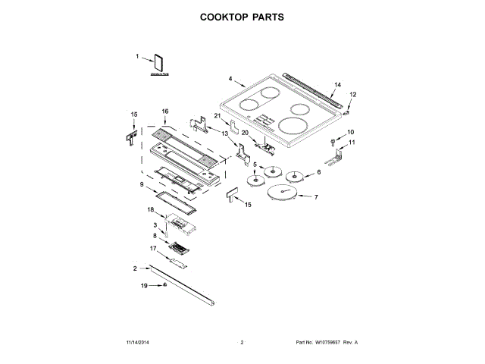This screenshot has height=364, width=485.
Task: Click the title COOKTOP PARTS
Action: coord(242,16)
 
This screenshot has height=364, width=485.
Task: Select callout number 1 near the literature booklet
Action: coord(138,57)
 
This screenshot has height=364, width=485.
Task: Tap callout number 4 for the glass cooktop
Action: coord(230,78)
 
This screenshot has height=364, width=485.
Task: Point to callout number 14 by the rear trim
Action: coord(338,84)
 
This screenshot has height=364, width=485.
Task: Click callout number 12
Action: coord(352,94)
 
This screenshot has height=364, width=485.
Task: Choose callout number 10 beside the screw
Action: coord(351,133)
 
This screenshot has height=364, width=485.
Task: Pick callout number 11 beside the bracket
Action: coord(351,143)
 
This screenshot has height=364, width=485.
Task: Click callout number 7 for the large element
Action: coord(316,197)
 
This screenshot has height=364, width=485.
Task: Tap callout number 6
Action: coord(318,172)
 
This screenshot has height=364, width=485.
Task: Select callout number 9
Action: coord(142,184)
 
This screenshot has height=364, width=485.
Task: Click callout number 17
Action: coord(152,248)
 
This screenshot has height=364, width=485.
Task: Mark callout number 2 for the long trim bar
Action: coord(135,268)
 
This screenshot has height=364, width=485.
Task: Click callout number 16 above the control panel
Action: coord(164,111)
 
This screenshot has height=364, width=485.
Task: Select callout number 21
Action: coord(217,115)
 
